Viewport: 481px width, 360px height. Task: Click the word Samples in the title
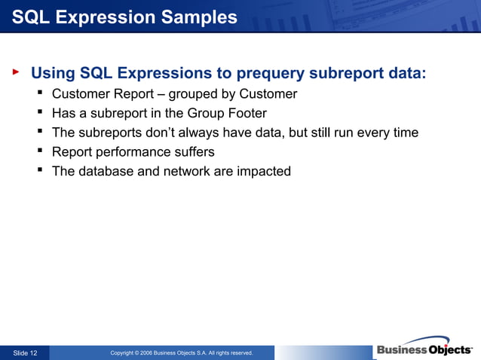(x=199, y=17)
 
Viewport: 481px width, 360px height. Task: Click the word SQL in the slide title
(x=31, y=17)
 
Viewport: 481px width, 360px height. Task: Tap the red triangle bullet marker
(x=16, y=72)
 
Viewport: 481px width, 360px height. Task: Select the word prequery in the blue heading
(x=270, y=74)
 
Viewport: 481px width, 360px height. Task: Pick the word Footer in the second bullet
(x=247, y=113)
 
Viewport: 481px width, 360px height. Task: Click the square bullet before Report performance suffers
(x=40, y=151)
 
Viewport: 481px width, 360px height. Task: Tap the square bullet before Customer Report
(x=40, y=92)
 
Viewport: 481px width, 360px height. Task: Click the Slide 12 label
(x=25, y=353)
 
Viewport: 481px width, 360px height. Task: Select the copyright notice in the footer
(x=182, y=353)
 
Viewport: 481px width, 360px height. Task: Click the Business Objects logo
(x=424, y=348)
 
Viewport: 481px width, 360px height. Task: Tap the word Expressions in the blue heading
(x=164, y=74)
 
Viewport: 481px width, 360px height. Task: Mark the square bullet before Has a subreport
(x=40, y=111)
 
